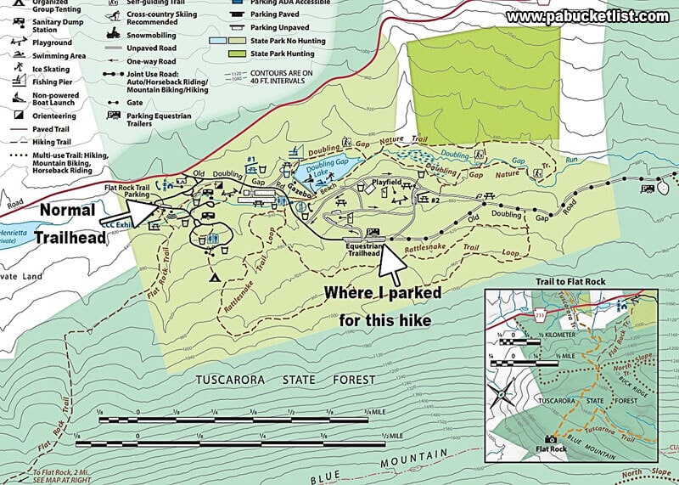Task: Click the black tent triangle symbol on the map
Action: click(x=213, y=278)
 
